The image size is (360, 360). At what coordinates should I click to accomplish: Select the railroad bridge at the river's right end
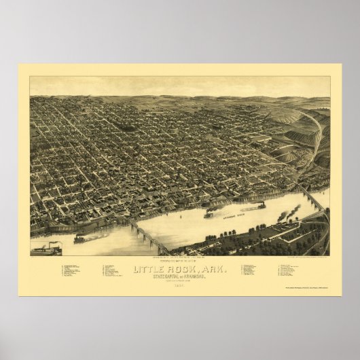[x=312, y=201]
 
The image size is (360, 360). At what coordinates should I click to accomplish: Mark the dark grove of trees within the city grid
[x=126, y=127]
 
